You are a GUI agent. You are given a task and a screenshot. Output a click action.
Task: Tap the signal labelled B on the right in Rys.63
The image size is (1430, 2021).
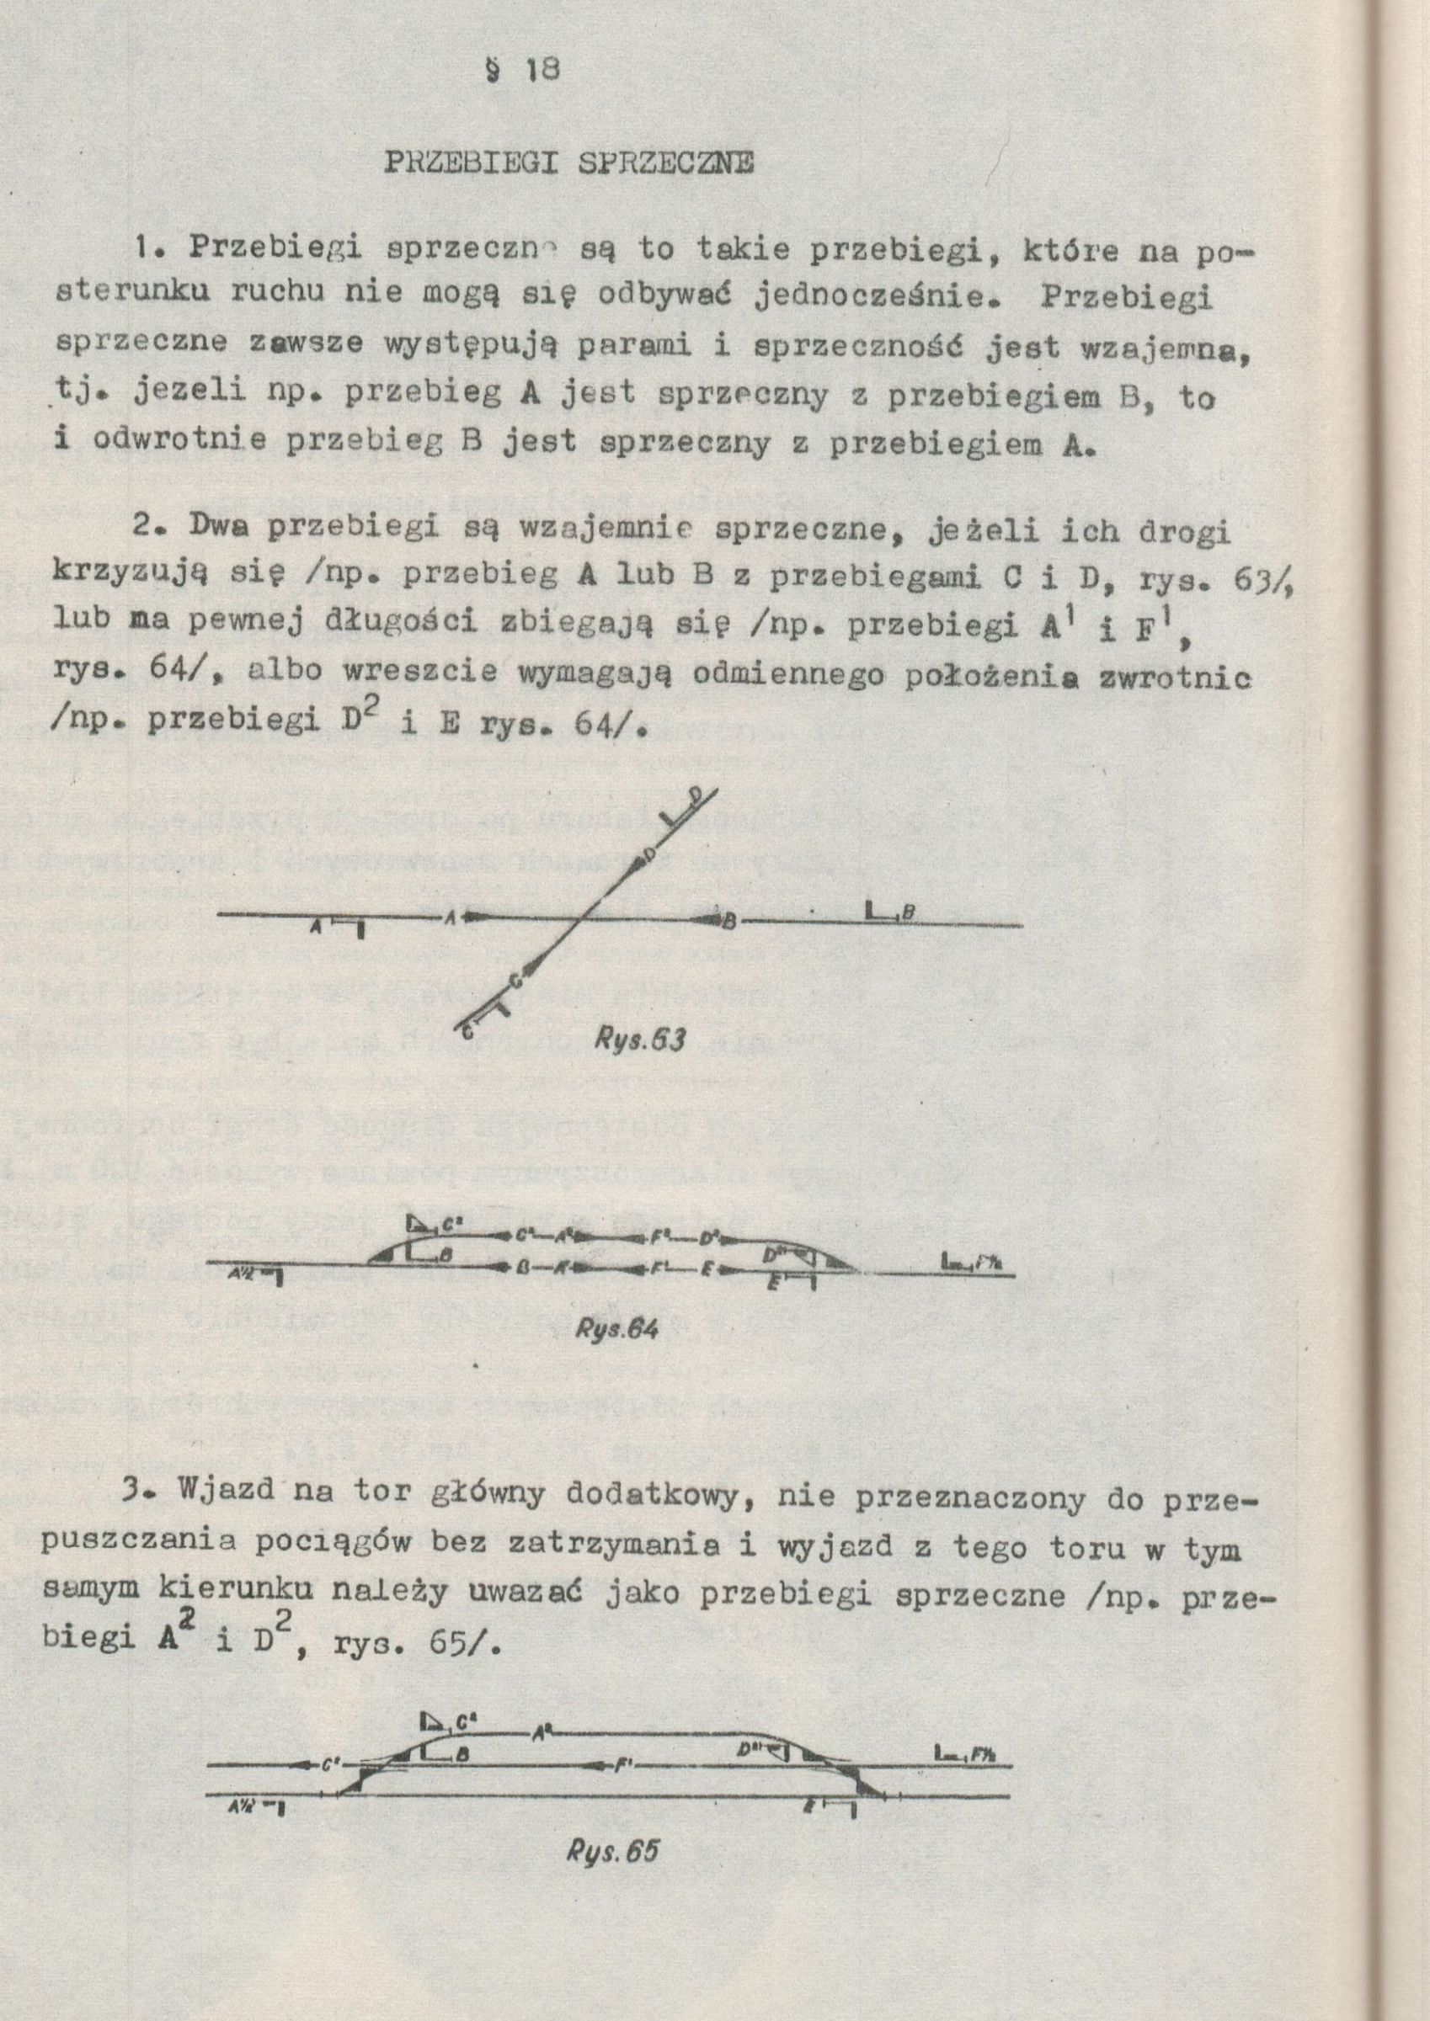click(881, 916)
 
